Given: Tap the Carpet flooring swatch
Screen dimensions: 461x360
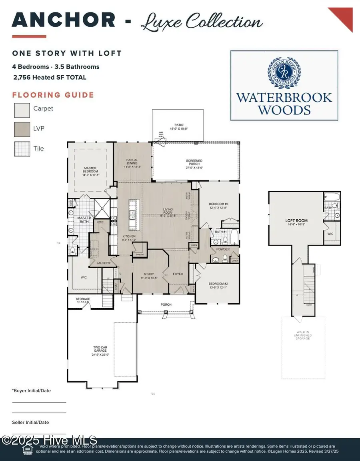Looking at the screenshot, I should click(x=22, y=109).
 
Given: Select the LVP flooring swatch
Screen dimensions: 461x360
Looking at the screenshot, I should click(x=22, y=129).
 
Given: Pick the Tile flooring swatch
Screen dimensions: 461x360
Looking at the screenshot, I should click(x=22, y=149).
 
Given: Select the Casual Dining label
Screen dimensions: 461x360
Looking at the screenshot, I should click(x=132, y=162).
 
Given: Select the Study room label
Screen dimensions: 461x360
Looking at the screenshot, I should click(x=148, y=276).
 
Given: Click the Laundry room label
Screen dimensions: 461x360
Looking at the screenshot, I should click(x=104, y=263).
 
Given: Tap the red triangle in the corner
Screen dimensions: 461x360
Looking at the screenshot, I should click(x=342, y=18).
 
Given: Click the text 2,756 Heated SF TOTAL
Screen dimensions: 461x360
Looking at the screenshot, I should click(x=50, y=77).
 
